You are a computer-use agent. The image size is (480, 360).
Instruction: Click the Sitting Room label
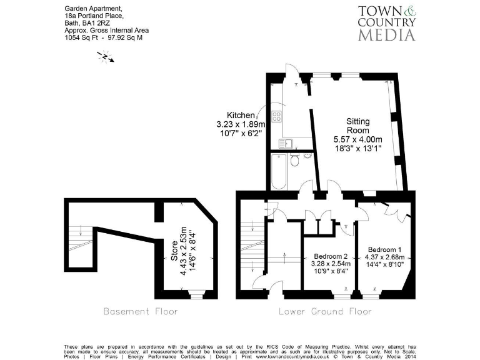[x=358, y=126]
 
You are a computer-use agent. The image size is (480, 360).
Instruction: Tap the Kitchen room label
[x=241, y=116]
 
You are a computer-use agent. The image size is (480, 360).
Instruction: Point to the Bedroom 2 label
[x=331, y=256]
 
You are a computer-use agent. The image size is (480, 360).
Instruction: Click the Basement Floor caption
[x=140, y=311]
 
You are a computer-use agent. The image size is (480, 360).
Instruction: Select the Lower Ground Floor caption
[x=324, y=311]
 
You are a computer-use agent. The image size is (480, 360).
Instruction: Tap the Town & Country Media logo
[x=386, y=24]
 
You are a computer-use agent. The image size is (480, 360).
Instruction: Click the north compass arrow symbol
[x=105, y=57]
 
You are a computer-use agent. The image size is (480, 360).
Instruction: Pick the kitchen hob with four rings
[x=277, y=116]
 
